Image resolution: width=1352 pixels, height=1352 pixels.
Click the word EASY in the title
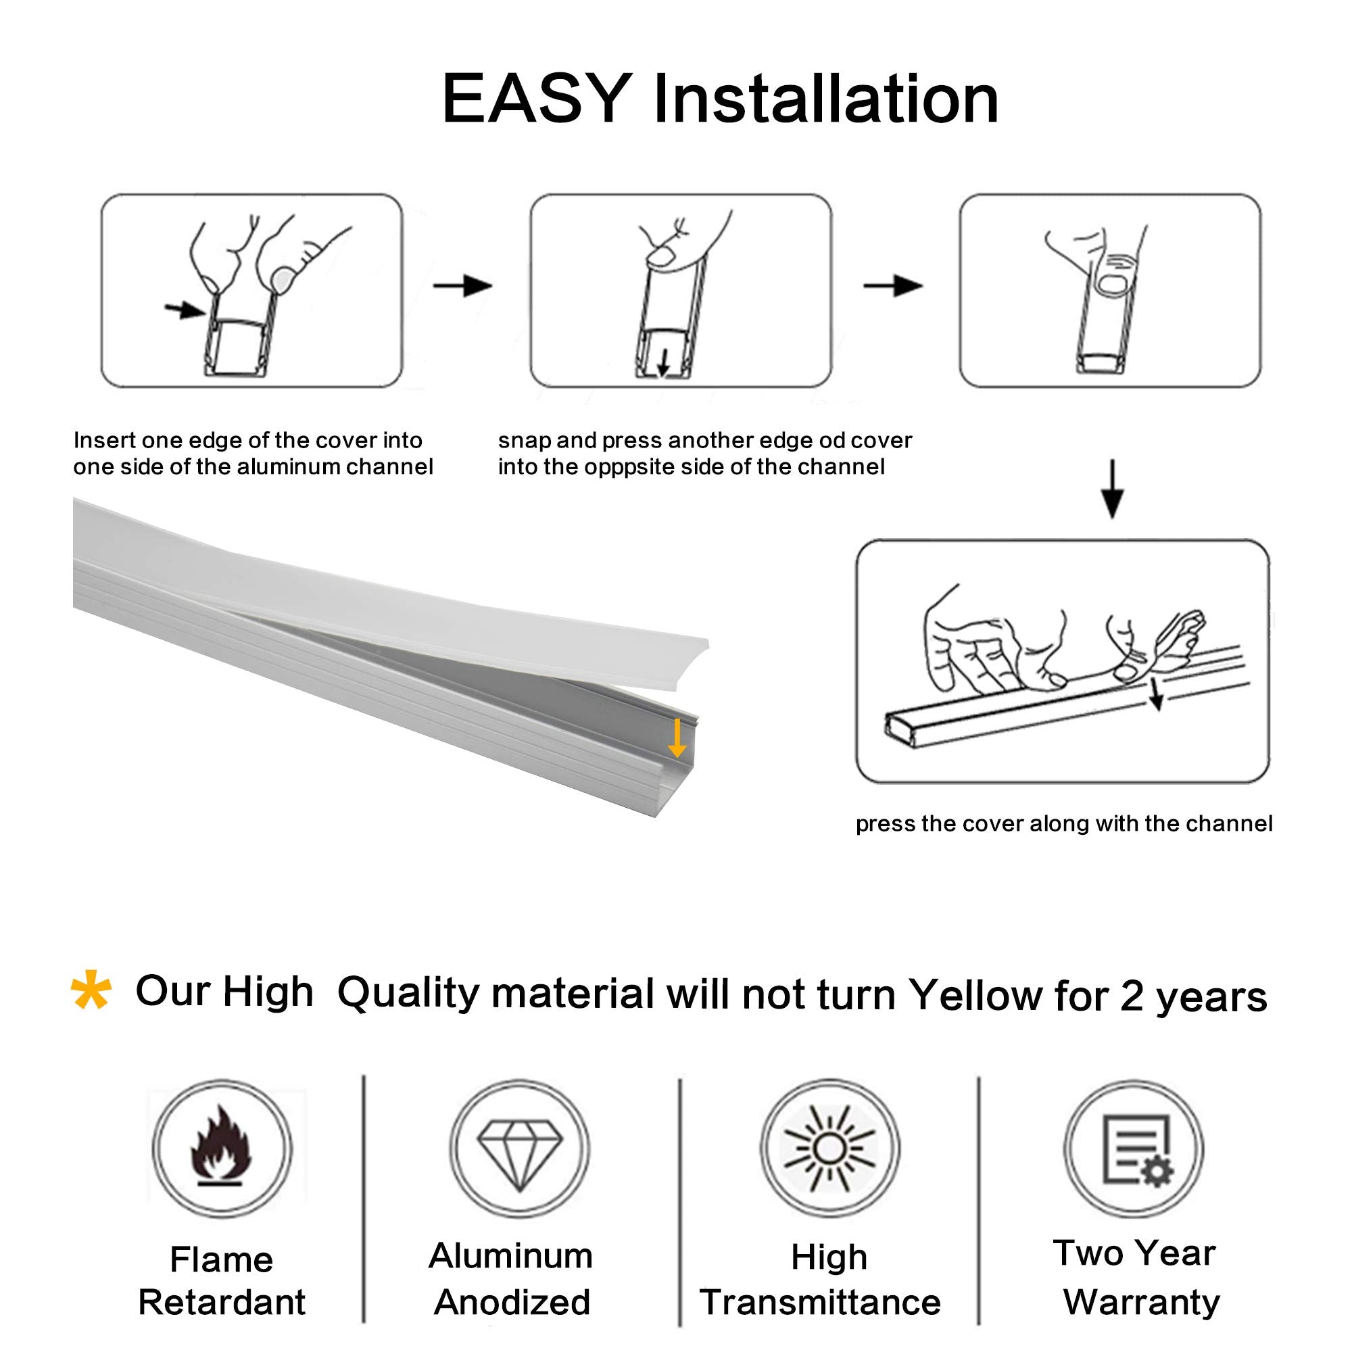[536, 99]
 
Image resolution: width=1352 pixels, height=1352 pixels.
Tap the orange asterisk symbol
[91, 990]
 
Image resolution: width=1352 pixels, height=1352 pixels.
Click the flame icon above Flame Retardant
[221, 1147]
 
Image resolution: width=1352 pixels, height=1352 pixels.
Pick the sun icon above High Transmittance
[829, 1148]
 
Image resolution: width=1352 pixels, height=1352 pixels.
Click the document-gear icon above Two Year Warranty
[1134, 1149]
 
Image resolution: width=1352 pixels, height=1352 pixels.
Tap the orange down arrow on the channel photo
[676, 739]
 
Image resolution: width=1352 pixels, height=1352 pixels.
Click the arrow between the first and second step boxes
[463, 285]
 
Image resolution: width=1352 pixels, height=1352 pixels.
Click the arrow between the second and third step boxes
[894, 285]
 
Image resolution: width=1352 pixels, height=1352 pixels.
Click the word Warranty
[1141, 1301]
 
